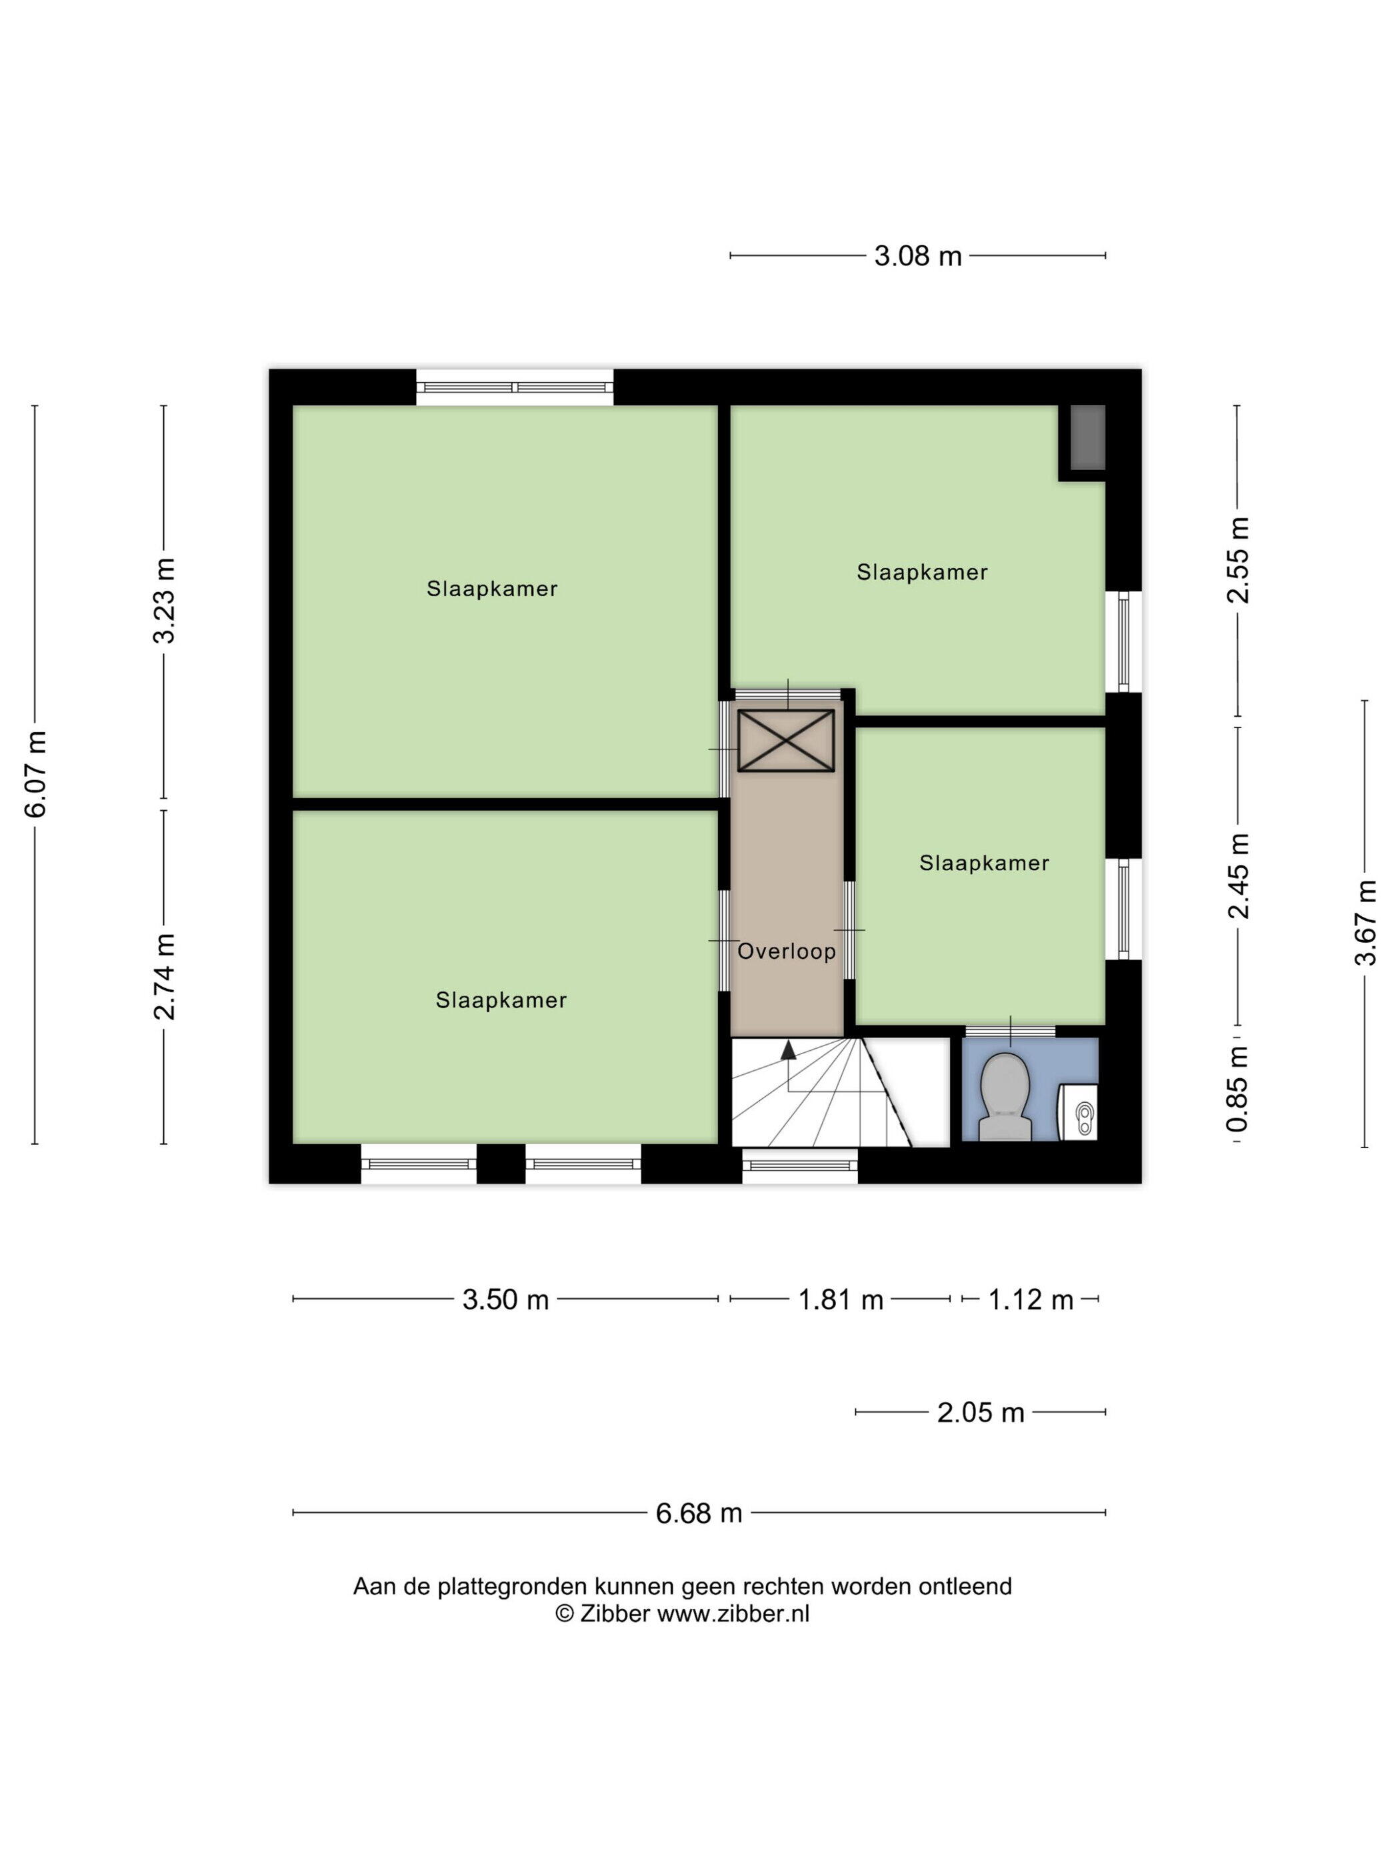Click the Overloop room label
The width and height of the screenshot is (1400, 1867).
coord(787,952)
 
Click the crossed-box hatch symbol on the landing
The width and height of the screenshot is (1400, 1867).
coord(785,740)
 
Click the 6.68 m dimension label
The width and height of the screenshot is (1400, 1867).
coord(699,1514)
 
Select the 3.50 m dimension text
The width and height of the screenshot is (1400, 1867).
coord(505,1299)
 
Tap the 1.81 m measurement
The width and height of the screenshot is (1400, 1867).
coord(841,1299)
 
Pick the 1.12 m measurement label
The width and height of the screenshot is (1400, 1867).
coord(1031,1299)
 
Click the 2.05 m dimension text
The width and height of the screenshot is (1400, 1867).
coord(981,1412)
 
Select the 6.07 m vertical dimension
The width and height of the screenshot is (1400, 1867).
coord(35,775)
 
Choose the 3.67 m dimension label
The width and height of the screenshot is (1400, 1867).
coord(1365,923)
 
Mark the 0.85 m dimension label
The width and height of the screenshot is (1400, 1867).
coord(1237,1089)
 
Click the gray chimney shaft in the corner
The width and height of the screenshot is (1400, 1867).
coord(1088,437)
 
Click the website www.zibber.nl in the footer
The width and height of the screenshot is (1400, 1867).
coord(733,1613)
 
